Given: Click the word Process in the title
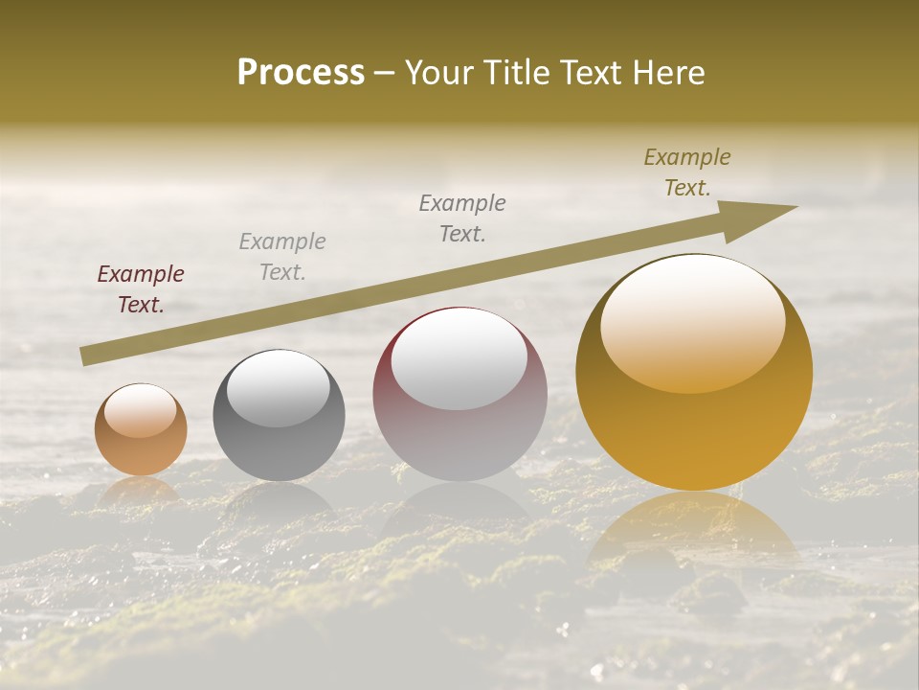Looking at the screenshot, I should (301, 72).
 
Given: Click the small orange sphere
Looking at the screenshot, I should (141, 430).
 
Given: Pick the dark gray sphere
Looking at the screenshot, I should (279, 416).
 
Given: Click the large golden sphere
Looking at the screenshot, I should (694, 374).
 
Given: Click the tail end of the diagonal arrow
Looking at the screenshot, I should (89, 356).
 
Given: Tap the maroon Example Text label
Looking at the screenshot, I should (141, 289).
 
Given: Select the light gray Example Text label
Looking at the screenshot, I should (282, 257).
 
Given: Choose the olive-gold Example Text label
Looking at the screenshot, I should (687, 172).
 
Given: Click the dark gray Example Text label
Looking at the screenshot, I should (462, 218).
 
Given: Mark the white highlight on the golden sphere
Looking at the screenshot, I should (692, 325).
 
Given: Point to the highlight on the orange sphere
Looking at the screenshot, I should (141, 411).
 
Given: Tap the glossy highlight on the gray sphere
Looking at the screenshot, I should (279, 388).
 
